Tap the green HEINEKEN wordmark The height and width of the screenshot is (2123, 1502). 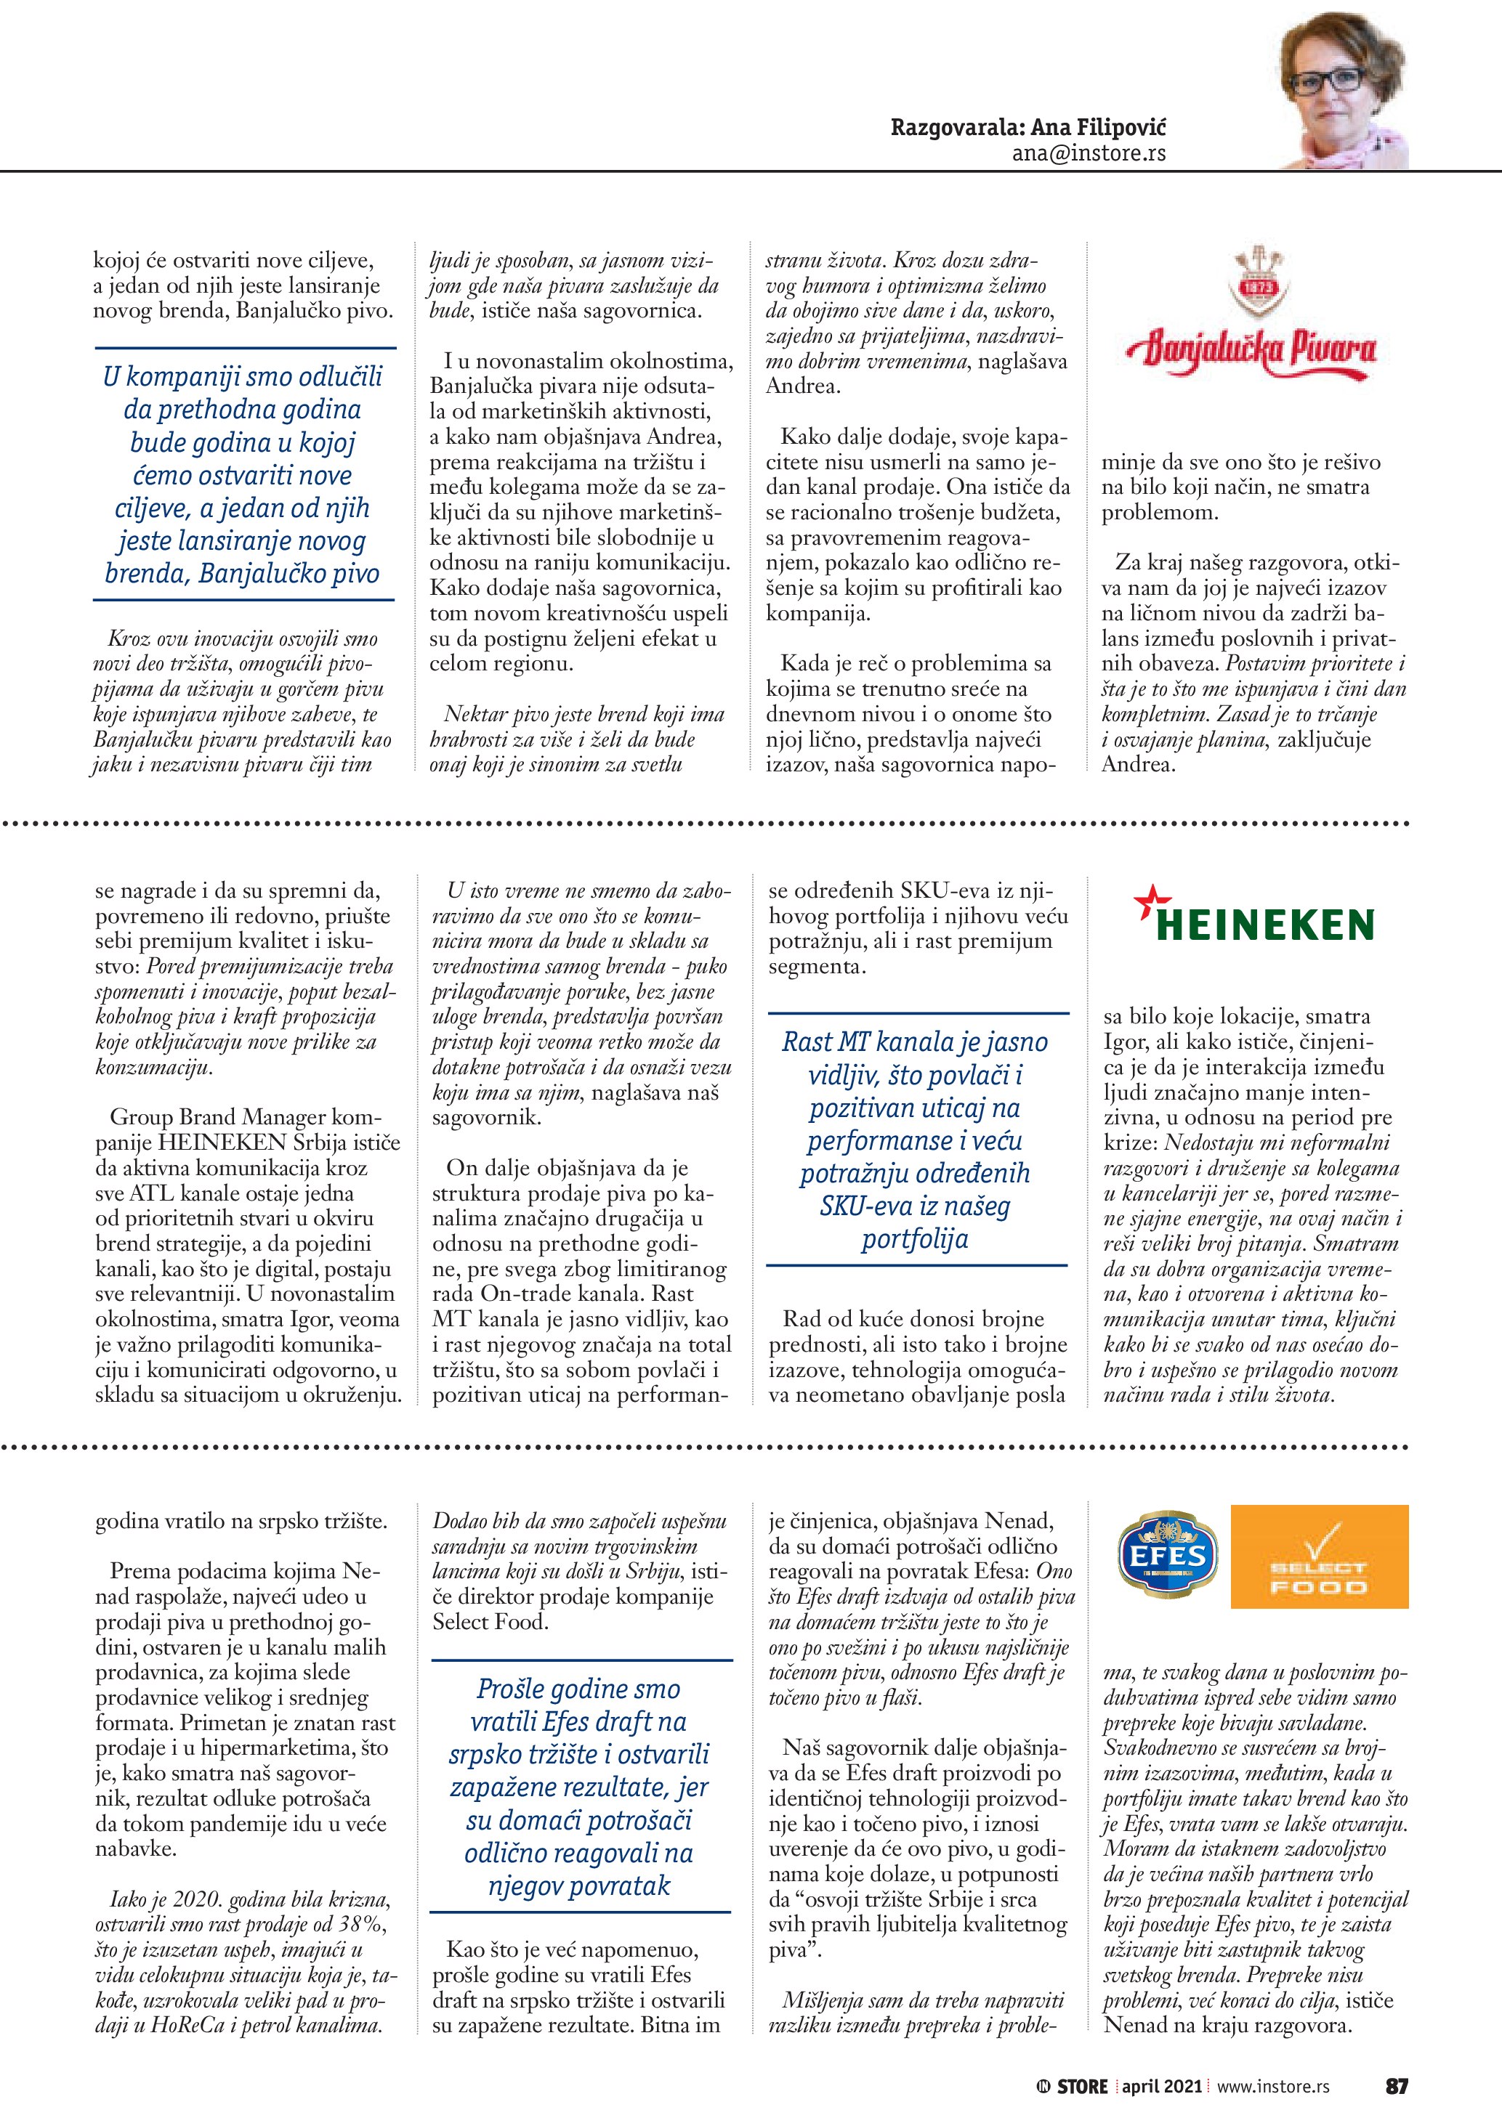1265,924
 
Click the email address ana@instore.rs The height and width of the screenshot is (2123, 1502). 1088,153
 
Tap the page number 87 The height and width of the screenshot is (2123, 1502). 1397,2086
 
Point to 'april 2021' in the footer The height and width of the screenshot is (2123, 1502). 1162,2087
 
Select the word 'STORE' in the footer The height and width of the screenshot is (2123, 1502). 1082,2087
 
